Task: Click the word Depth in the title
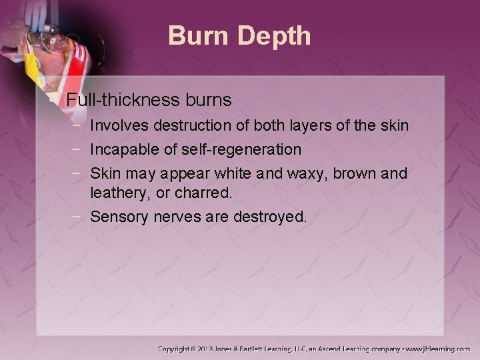click(275, 36)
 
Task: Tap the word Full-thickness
click(121, 101)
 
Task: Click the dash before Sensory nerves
click(79, 217)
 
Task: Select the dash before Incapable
click(79, 149)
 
